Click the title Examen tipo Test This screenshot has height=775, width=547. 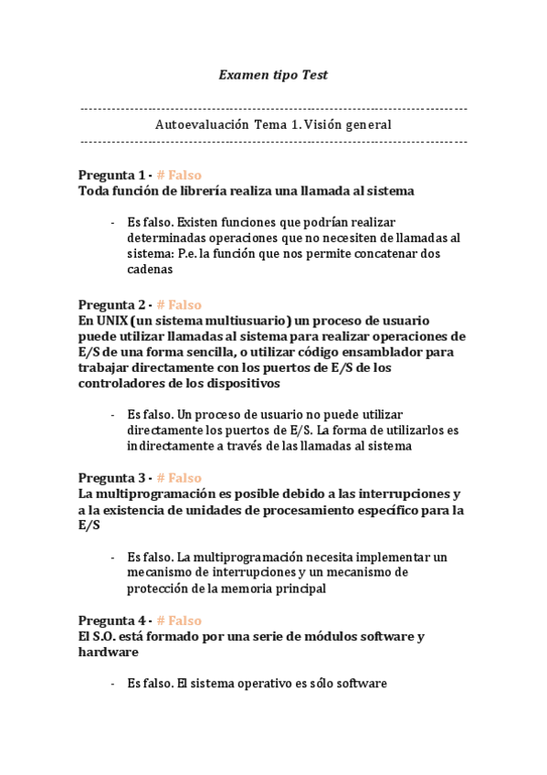pos(273,76)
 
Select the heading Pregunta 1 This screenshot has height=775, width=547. pos(110,175)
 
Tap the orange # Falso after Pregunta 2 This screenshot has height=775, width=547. pos(179,304)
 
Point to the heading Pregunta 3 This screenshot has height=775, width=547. pos(110,477)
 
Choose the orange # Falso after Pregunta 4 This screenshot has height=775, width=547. pos(179,620)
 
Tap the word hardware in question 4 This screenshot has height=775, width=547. pos(108,653)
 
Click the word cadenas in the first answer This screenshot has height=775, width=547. pos(150,270)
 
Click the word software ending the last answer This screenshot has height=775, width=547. pos(362,683)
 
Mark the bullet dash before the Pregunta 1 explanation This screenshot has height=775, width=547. pos(111,222)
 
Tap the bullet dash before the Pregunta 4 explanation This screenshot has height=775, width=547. pos(111,683)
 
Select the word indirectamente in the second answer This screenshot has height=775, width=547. pos(168,446)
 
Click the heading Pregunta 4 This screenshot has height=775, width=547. pos(110,620)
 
